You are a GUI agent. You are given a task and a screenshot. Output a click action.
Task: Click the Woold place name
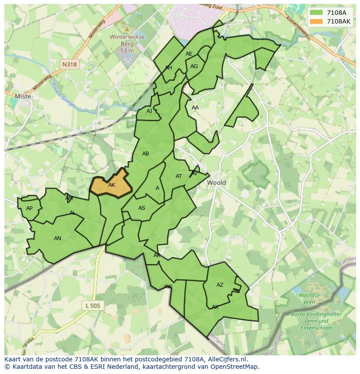tap(216, 182)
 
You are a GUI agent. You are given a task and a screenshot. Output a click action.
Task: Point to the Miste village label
tap(23, 96)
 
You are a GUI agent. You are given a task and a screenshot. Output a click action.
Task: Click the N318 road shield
tap(69, 64)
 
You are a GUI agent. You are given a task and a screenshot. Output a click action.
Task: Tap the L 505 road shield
tap(93, 306)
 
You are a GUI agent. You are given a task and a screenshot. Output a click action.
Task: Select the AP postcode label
tap(29, 209)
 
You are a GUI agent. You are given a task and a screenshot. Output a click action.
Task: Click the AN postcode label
tap(57, 238)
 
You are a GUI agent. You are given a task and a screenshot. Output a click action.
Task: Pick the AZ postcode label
tap(220, 285)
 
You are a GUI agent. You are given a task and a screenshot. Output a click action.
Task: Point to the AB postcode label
tap(146, 154)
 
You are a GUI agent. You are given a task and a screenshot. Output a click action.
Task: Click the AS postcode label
tap(142, 208)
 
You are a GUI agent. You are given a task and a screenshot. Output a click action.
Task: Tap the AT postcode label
tap(179, 176)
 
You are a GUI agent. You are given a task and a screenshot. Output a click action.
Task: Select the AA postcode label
tap(195, 108)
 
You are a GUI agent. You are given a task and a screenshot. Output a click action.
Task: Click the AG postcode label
tap(194, 66)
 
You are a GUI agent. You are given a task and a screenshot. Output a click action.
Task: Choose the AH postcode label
tap(168, 68)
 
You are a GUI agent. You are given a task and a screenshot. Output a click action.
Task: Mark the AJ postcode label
tap(149, 111)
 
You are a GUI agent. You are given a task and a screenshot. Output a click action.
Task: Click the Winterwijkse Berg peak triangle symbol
tap(127, 29)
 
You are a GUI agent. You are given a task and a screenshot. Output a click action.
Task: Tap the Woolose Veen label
tap(309, 298)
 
